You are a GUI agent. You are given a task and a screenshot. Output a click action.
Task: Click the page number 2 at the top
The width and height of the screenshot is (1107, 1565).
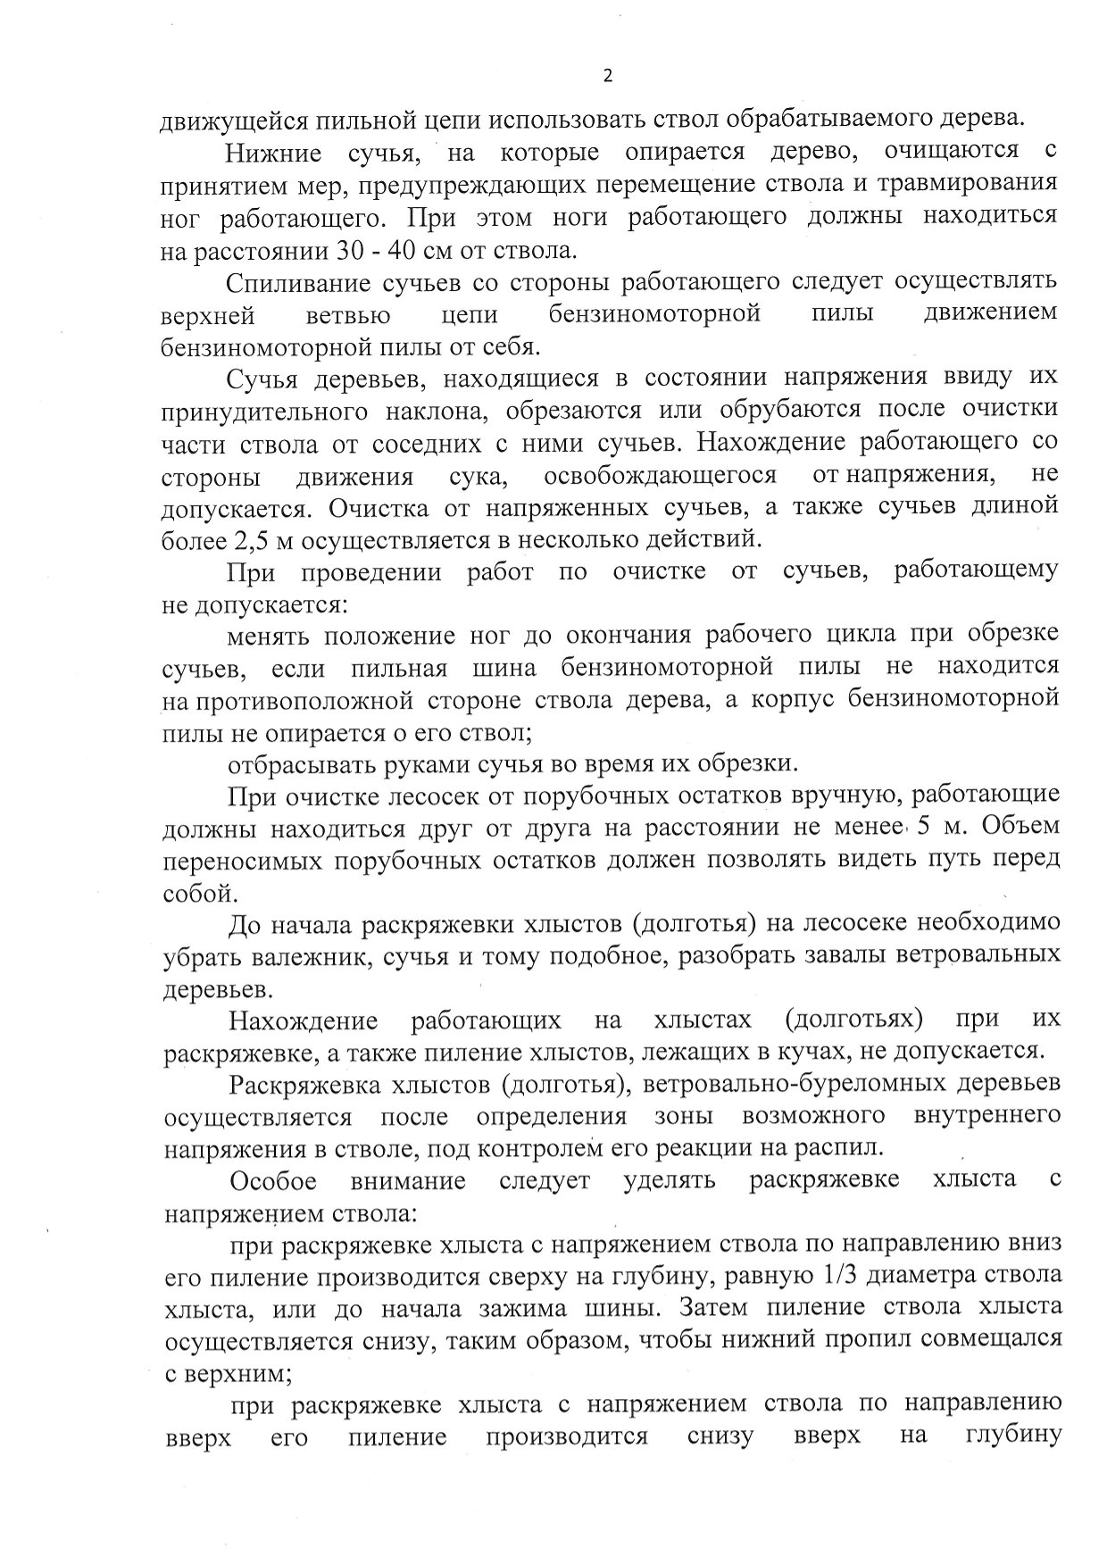tap(608, 76)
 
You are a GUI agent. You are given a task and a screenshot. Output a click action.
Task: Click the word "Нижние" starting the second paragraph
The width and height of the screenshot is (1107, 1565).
tap(273, 153)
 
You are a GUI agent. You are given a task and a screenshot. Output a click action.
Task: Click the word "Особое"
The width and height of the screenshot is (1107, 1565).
tap(273, 1180)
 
